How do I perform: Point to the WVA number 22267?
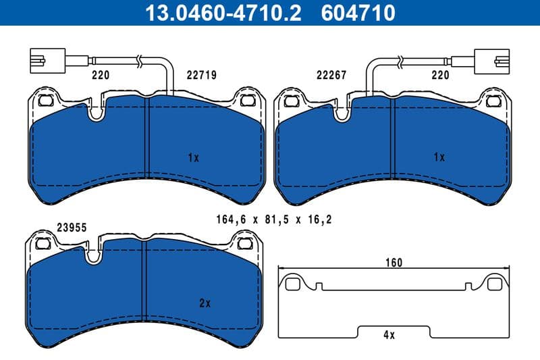point(332,76)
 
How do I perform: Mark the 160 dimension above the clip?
point(394,263)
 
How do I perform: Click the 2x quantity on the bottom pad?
point(205,304)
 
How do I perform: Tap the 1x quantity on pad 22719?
point(194,157)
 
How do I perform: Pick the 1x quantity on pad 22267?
point(439,157)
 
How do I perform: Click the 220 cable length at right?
point(440,76)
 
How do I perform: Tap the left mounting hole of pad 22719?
point(46,101)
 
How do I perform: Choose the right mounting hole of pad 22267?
point(495,101)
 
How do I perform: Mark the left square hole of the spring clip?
point(292,284)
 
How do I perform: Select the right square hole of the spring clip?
point(496,284)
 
